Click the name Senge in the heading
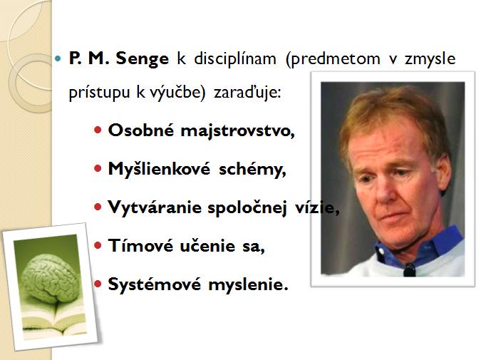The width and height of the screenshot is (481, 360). point(143,59)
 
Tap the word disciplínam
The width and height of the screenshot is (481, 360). point(235,58)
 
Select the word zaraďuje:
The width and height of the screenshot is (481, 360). point(247,92)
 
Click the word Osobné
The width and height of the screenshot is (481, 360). point(141,130)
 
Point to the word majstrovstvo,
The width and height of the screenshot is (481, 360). point(238,131)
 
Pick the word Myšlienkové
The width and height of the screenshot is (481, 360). point(159,168)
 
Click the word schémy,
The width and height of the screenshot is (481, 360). point(252,169)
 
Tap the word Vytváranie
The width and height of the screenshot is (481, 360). point(155,207)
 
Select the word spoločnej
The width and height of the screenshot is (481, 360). point(247,207)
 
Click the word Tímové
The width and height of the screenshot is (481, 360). point(140,245)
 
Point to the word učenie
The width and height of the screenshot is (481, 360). point(207,246)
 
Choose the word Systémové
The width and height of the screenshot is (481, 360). point(155,284)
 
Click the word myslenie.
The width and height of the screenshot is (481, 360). point(248,284)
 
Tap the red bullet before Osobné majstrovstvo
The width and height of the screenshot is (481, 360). point(98,130)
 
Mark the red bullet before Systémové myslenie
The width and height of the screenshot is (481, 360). point(98,284)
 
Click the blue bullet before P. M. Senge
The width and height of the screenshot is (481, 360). point(58,58)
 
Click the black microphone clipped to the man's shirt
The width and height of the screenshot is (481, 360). point(410,270)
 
